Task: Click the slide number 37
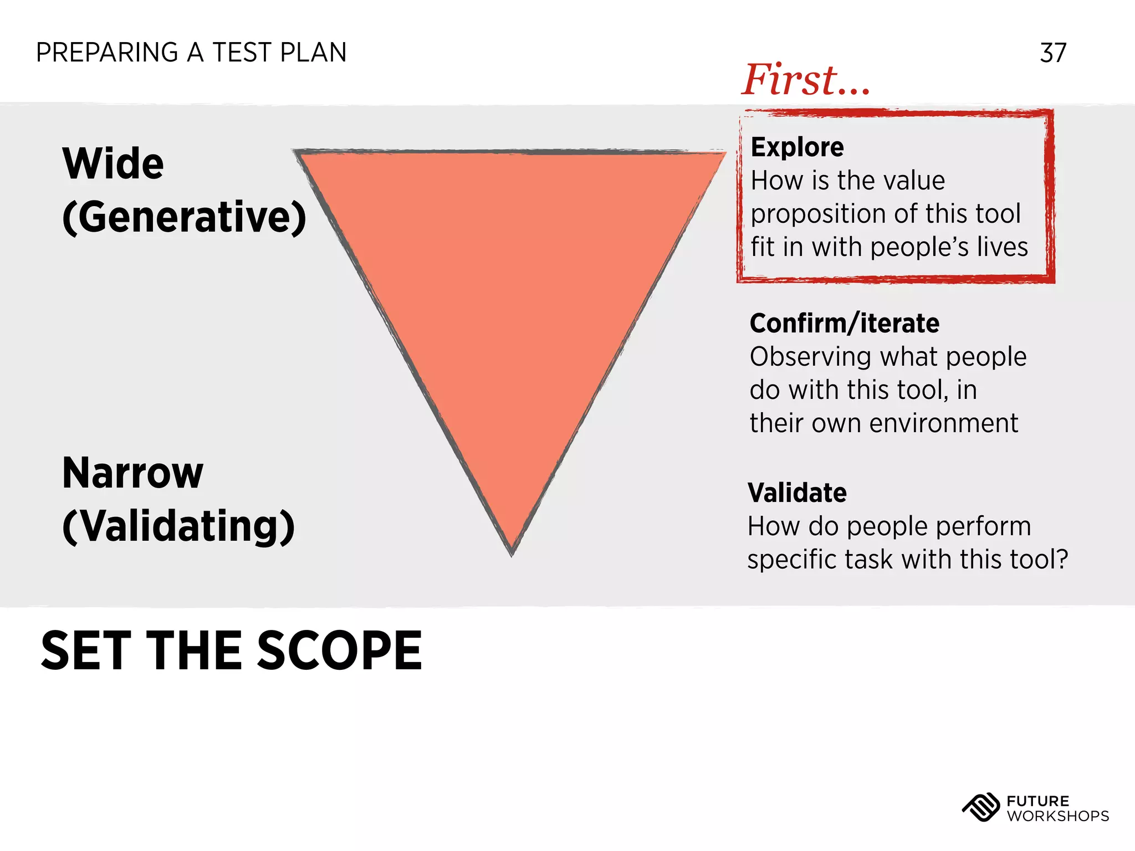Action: [x=1053, y=53]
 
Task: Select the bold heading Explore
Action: [x=797, y=147]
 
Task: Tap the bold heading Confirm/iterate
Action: [x=844, y=324]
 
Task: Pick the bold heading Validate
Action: [x=797, y=493]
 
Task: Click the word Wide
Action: [x=113, y=164]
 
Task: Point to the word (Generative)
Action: [x=184, y=217]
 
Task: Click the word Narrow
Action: [x=133, y=473]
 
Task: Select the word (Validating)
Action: [x=178, y=526]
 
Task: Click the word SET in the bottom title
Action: [x=86, y=651]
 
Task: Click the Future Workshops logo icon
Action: [x=980, y=808]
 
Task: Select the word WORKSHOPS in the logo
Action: [x=1057, y=816]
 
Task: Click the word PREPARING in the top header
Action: [x=107, y=53]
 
